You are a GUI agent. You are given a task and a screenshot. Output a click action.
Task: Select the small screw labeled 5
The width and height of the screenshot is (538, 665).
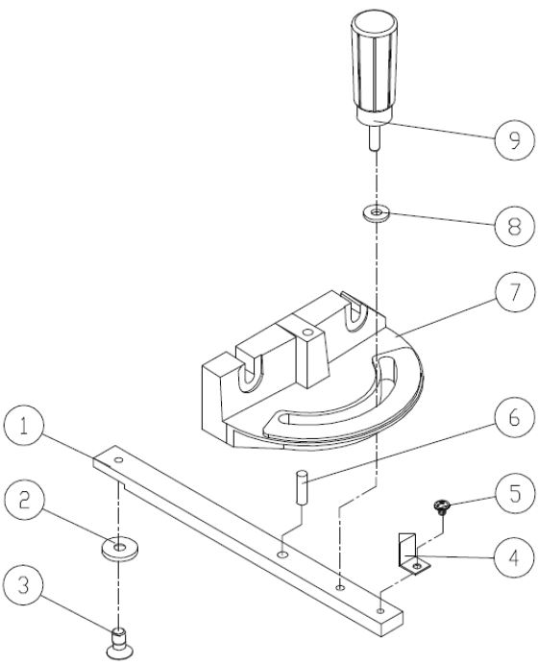[442, 505]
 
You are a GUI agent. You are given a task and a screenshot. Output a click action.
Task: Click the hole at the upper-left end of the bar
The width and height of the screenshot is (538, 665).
[118, 462]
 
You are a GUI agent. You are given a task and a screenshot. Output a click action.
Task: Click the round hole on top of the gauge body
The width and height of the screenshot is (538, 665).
[306, 332]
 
